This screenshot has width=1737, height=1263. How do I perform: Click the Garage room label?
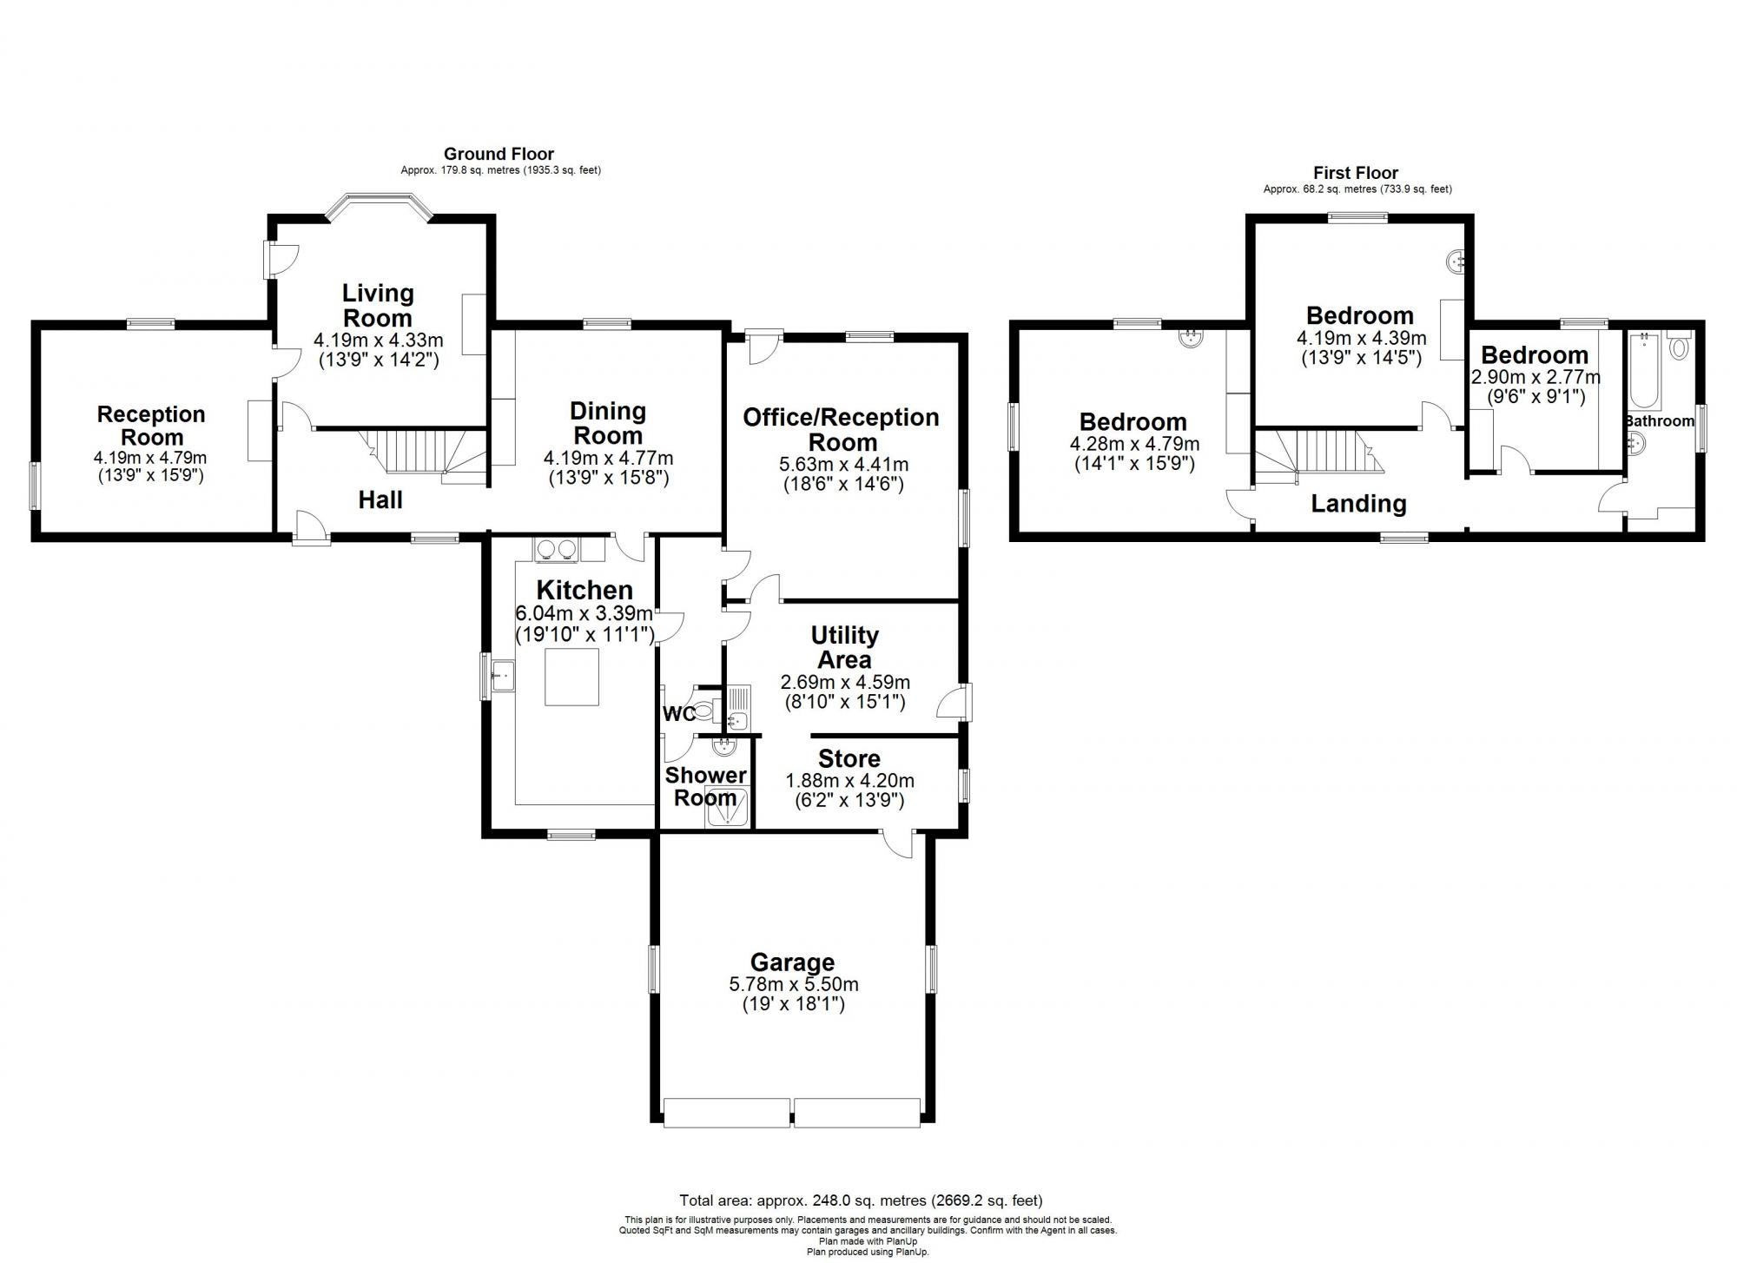tap(792, 962)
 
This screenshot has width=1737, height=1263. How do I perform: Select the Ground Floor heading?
tap(499, 155)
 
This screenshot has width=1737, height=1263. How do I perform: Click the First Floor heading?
tap(1356, 173)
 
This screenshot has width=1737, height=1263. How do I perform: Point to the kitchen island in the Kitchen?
tap(571, 677)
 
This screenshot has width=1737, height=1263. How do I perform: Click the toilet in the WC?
tap(703, 711)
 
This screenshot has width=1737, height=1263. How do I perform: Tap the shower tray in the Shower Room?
tap(723, 806)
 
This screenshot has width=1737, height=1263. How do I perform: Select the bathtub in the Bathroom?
tap(1645, 372)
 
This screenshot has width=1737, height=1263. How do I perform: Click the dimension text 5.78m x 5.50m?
tap(794, 984)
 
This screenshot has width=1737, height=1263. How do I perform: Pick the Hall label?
tap(380, 499)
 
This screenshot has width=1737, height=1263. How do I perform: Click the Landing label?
tap(1358, 503)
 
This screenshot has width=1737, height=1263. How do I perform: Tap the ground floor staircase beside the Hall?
tap(426, 452)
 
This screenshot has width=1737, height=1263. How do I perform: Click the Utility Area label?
tap(844, 647)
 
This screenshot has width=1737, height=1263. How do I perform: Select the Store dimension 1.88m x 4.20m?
tap(849, 781)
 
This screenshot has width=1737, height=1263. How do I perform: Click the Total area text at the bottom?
tap(860, 1200)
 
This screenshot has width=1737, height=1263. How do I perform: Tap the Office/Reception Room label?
tap(841, 428)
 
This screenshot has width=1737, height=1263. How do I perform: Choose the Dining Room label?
tap(608, 423)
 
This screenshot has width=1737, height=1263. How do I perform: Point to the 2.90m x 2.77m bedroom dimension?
tap(1535, 377)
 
